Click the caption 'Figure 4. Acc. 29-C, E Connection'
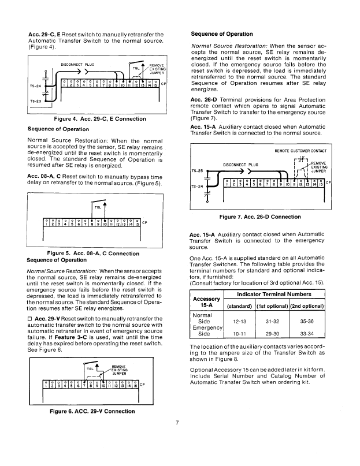point(93,118)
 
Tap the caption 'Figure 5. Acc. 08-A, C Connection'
point(93,253)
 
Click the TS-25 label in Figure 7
point(198,171)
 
